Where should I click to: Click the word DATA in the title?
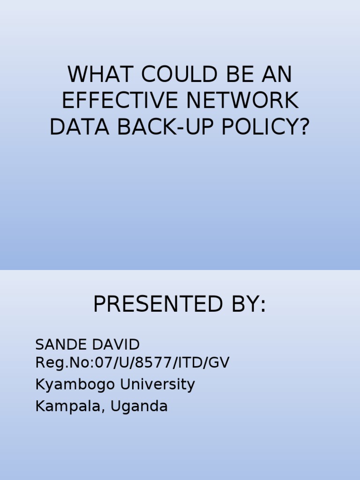pos(73,127)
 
